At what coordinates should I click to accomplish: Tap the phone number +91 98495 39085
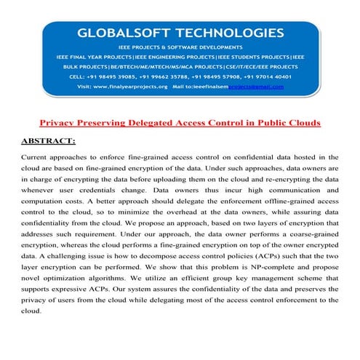pyautogui.click(x=119, y=75)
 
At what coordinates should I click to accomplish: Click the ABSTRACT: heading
pyautogui.click(x=49, y=138)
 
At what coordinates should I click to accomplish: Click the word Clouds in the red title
pyautogui.click(x=300, y=122)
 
